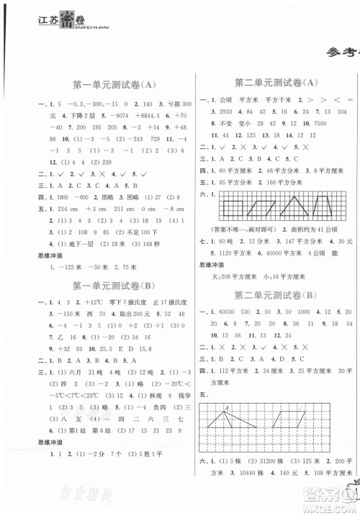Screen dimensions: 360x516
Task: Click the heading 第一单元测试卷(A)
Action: (x=115, y=84)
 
